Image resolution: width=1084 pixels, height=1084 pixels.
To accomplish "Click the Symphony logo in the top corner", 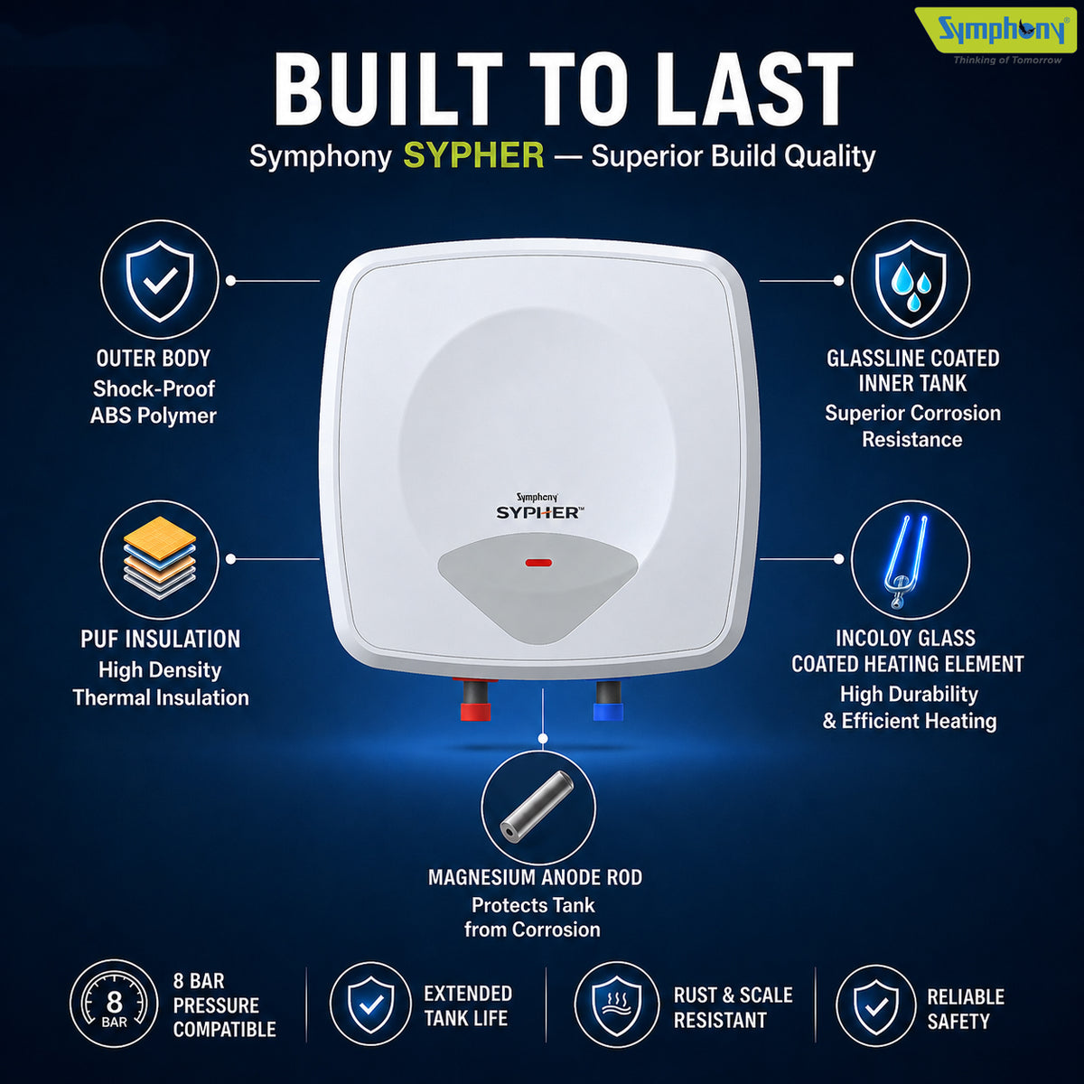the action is tap(995, 36).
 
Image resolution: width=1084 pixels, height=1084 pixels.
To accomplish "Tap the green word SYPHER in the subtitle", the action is tap(473, 155).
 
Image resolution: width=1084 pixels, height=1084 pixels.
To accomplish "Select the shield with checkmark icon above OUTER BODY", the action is tap(160, 279).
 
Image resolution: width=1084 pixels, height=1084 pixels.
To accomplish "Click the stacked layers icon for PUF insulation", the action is tap(160, 558).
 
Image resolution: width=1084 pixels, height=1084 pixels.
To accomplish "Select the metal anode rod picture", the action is tap(537, 806).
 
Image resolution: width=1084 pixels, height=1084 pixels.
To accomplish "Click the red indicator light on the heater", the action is tap(538, 563).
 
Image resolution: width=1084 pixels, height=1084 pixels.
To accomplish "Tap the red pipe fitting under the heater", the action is tap(476, 700).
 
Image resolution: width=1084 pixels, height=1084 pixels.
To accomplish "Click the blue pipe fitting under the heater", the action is tap(608, 701).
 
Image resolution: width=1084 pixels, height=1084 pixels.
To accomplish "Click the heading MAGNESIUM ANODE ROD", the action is tap(535, 877).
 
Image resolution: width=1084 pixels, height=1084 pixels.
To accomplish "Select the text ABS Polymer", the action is tap(153, 416).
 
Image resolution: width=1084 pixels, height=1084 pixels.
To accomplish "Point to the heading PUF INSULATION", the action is tap(160, 639).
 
